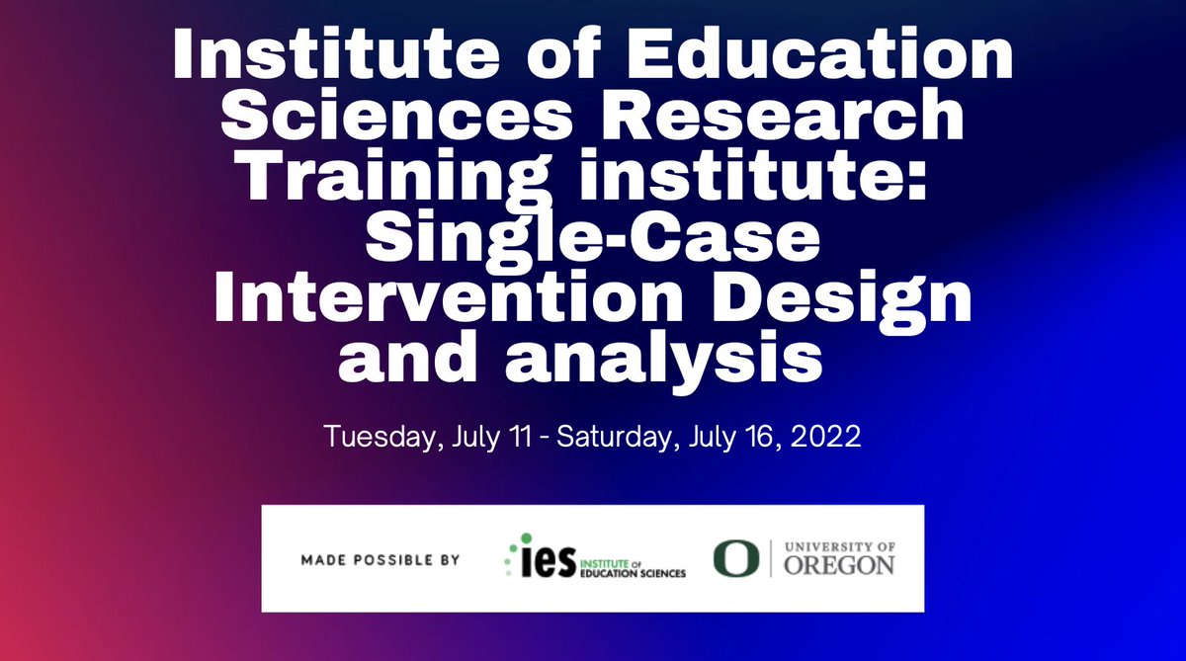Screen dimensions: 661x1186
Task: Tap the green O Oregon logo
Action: click(x=728, y=558)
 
